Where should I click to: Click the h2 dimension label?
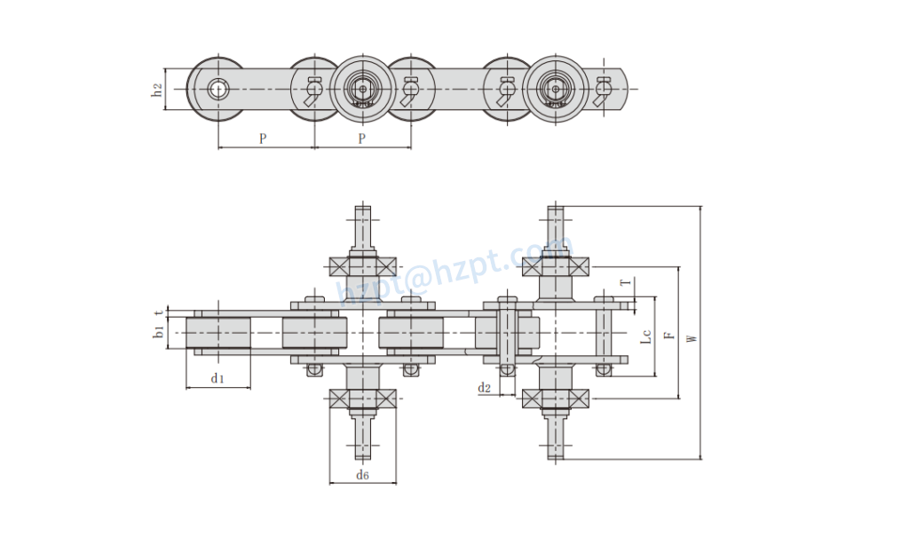(156, 90)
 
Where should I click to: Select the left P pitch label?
(263, 138)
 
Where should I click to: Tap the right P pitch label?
(361, 138)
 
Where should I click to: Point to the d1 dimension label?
(217, 379)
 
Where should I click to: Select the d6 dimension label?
(362, 476)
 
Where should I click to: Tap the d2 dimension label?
(485, 388)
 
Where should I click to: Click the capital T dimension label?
(625, 283)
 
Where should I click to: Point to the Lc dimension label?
(646, 336)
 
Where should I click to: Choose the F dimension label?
(668, 336)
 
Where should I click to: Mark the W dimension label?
(692, 336)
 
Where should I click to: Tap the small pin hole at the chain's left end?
(218, 89)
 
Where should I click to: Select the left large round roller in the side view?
(361, 89)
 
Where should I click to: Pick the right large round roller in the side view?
(556, 89)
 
